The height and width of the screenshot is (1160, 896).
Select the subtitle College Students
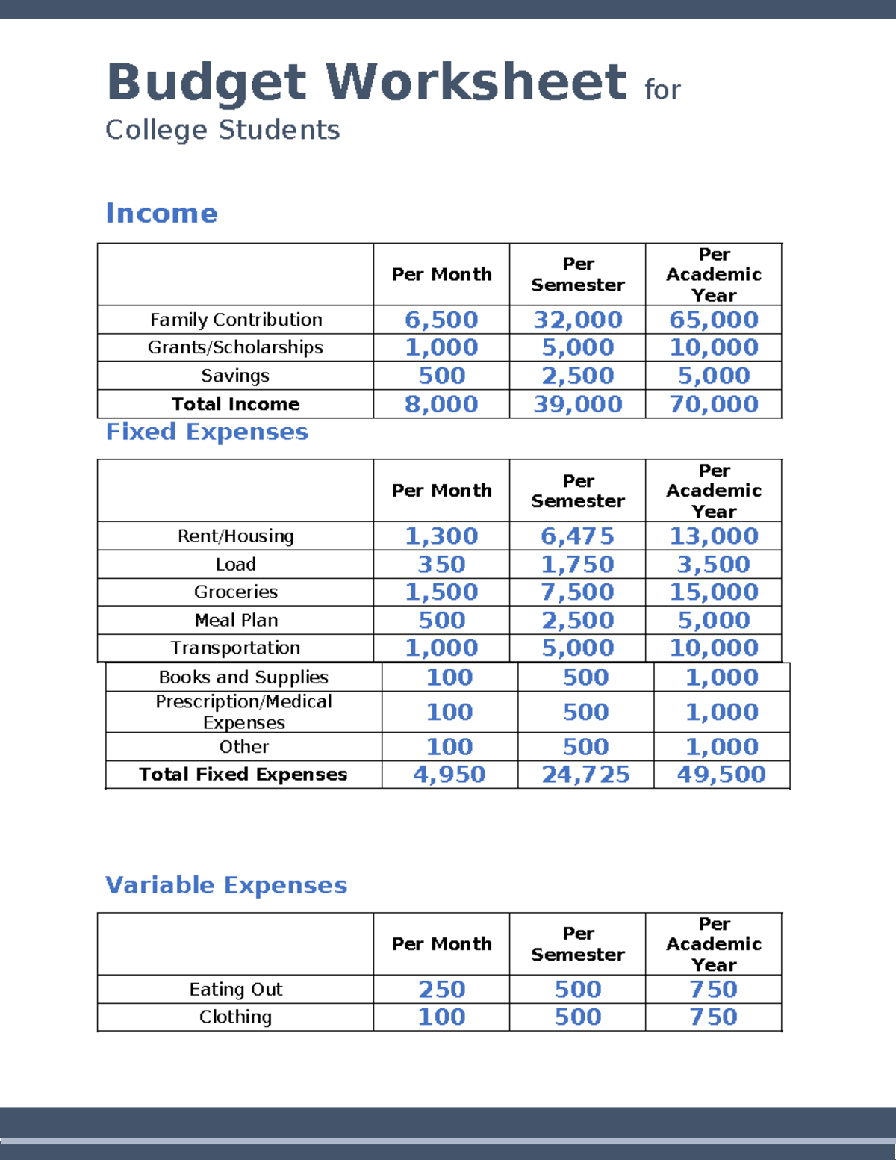pyautogui.click(x=223, y=130)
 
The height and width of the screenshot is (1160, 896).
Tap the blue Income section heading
pyautogui.click(x=161, y=213)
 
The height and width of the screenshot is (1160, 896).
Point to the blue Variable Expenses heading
pyautogui.click(x=226, y=885)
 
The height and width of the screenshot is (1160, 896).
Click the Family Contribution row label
pyautogui.click(x=236, y=320)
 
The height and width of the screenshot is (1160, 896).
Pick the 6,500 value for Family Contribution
pyautogui.click(x=441, y=320)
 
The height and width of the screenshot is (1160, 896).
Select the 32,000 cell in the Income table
pyautogui.click(x=577, y=320)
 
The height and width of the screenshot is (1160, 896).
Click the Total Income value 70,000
pyautogui.click(x=714, y=404)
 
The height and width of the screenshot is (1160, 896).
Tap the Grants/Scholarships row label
pyautogui.click(x=235, y=347)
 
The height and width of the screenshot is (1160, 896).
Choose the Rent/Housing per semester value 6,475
pyautogui.click(x=577, y=536)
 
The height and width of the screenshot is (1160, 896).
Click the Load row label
pyautogui.click(x=236, y=565)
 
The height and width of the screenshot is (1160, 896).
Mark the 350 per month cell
pyautogui.click(x=441, y=565)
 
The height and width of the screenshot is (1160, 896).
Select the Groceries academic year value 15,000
pyautogui.click(x=714, y=592)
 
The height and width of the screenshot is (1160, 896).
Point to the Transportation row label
pyautogui.click(x=235, y=648)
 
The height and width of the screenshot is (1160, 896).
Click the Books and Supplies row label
pyautogui.click(x=243, y=677)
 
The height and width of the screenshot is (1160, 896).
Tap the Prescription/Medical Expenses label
pyautogui.click(x=243, y=712)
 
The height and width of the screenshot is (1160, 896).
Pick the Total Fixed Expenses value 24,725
pyautogui.click(x=585, y=775)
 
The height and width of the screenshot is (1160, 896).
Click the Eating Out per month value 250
pyautogui.click(x=441, y=989)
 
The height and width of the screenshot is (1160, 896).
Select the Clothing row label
pyautogui.click(x=235, y=1017)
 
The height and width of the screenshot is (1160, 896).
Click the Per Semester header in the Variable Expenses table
pyautogui.click(x=577, y=944)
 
